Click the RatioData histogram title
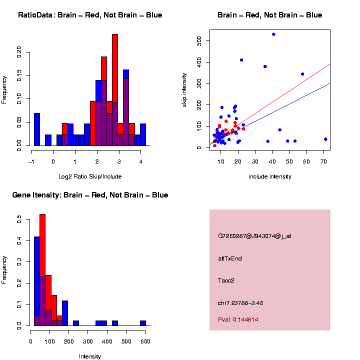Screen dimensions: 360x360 (x=90, y=15)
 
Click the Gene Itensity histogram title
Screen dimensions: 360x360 (x=90, y=195)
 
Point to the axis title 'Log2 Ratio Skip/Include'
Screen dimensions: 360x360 (x=90, y=176)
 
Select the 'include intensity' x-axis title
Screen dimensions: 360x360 (x=270, y=176)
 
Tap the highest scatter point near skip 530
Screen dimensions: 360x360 (x=273, y=34)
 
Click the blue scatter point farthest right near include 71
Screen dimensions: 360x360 (x=325, y=139)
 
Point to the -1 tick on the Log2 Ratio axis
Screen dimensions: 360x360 (x=31, y=161)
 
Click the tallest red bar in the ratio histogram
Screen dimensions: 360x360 (x=115, y=90)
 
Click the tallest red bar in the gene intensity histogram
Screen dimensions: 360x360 (x=42, y=270)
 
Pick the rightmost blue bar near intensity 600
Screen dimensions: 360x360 (x=143, y=323)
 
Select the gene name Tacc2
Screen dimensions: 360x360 (x=226, y=280)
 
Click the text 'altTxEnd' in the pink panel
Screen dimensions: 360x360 (x=230, y=258)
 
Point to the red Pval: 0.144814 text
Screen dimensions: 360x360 (x=238, y=319)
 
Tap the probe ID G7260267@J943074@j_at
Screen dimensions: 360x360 (x=254, y=236)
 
